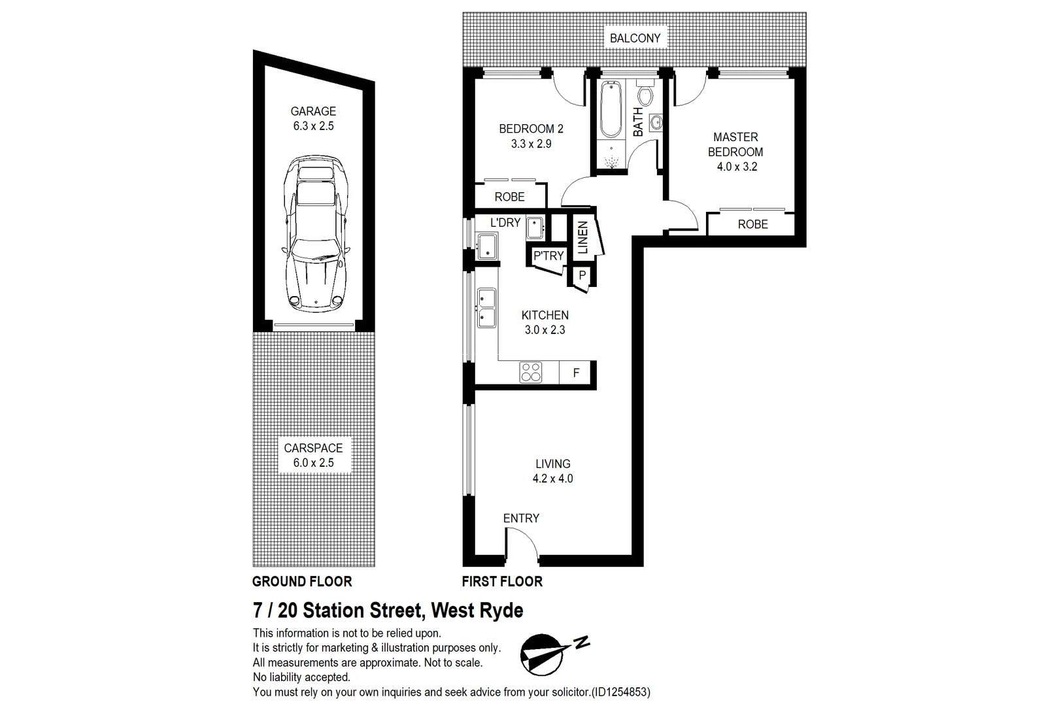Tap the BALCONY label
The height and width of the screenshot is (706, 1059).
tap(635, 38)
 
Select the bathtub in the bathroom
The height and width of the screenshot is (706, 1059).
tap(611, 109)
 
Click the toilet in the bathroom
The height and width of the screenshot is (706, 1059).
tap(645, 95)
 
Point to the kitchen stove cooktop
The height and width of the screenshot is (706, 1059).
tap(530, 373)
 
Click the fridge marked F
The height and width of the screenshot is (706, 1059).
tap(576, 373)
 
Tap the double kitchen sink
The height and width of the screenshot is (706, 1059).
tap(486, 308)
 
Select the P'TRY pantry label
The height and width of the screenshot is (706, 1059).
tap(548, 256)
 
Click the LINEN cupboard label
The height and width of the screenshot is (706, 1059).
tap(583, 238)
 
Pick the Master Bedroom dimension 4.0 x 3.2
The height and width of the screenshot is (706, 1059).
tap(736, 167)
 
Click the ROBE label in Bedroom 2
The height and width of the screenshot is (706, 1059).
tap(509, 197)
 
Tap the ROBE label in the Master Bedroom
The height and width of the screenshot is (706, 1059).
tap(752, 224)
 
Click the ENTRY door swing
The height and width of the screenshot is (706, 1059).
tap(521, 544)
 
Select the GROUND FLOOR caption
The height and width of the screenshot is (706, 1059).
tap(302, 581)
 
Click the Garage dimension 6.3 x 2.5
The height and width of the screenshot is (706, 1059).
tap(313, 126)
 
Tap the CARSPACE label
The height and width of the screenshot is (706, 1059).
tap(313, 448)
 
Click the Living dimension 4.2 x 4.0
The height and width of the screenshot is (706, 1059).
tap(552, 479)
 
